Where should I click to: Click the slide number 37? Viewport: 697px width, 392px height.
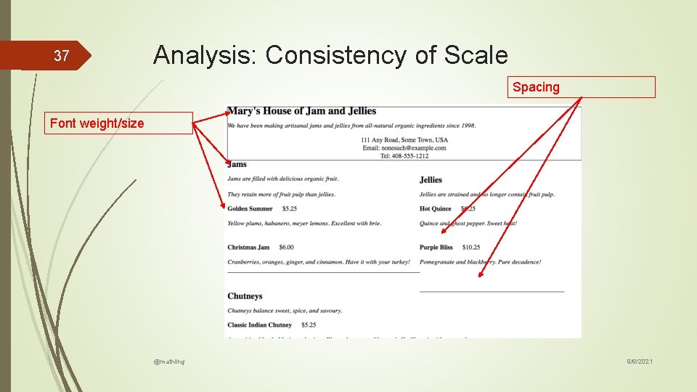click(x=62, y=56)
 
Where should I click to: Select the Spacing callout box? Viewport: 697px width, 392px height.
click(x=582, y=87)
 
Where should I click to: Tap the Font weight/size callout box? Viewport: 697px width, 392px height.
click(x=121, y=123)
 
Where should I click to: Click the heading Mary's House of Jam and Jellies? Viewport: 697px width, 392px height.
click(x=301, y=111)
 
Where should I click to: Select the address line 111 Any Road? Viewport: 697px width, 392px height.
click(x=404, y=139)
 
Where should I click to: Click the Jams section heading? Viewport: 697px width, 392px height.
click(x=237, y=164)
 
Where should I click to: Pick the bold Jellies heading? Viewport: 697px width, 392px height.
click(x=431, y=179)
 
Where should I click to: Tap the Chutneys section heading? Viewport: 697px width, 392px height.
click(x=245, y=296)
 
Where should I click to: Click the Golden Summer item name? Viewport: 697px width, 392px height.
click(x=250, y=209)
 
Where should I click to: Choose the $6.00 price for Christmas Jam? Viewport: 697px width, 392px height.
click(x=286, y=248)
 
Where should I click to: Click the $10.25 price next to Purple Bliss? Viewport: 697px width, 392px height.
click(x=470, y=248)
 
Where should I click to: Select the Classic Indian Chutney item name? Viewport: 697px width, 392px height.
click(x=259, y=324)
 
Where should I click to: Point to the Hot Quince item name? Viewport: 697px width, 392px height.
click(x=436, y=209)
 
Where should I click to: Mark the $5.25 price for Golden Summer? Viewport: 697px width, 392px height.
click(x=290, y=209)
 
